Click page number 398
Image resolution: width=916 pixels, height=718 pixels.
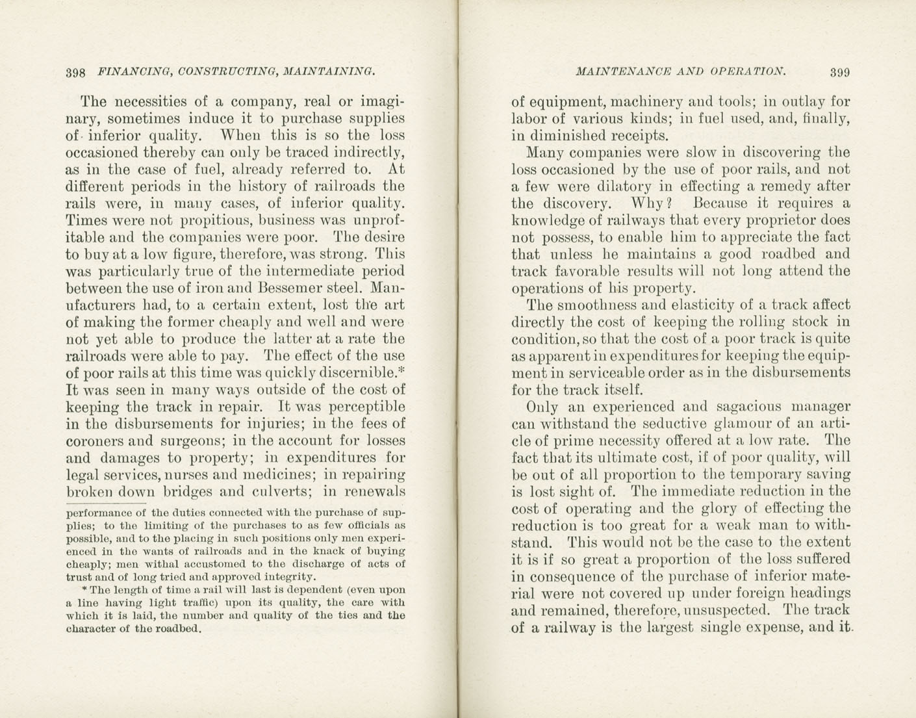pyautogui.click(x=75, y=73)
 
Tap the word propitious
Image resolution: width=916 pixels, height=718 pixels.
pyautogui.click(x=212, y=220)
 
